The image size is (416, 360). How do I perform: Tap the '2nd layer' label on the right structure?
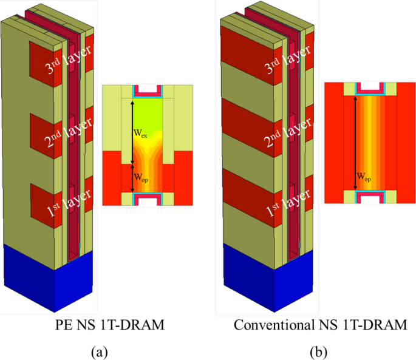pos(288,129)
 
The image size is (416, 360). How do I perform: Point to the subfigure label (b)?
pos(318,351)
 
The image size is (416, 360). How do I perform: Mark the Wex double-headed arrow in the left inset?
pos(133,131)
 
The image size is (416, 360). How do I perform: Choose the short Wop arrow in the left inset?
pos(133,178)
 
